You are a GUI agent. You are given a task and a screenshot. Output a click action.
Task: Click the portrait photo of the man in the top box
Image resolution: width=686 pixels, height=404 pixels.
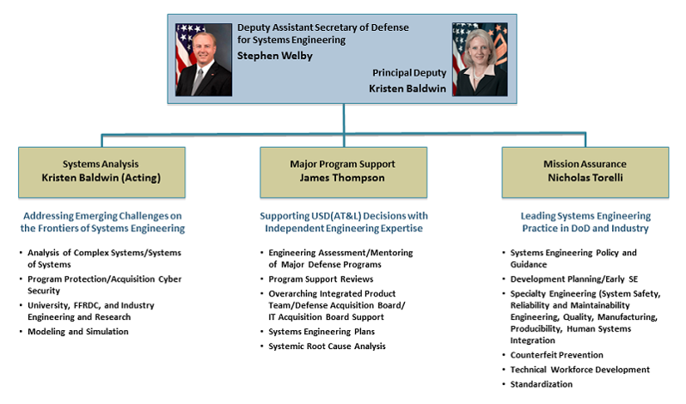pyautogui.click(x=204, y=59)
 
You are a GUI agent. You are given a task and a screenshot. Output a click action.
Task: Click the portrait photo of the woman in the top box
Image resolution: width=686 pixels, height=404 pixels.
pyautogui.click(x=480, y=59)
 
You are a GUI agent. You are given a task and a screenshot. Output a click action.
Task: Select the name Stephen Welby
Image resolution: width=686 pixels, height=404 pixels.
pyautogui.click(x=275, y=56)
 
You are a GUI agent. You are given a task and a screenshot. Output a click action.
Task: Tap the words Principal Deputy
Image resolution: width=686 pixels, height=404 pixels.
pyautogui.click(x=409, y=73)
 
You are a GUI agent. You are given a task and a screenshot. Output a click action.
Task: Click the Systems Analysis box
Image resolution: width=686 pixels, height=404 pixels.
pyautogui.click(x=102, y=172)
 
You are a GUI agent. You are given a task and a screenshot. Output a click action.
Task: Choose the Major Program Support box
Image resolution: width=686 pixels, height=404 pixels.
pyautogui.click(x=344, y=172)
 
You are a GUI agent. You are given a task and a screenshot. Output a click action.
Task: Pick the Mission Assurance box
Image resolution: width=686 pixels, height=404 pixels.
pyautogui.click(x=585, y=172)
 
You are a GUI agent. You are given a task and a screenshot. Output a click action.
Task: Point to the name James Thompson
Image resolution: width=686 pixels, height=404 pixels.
pyautogui.click(x=342, y=178)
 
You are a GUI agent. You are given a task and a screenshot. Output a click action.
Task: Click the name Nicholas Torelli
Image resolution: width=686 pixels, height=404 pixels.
pyautogui.click(x=585, y=178)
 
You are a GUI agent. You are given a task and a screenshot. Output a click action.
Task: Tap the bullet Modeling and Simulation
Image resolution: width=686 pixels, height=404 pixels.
pyautogui.click(x=78, y=332)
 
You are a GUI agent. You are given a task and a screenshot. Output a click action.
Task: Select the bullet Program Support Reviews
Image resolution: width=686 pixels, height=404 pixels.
pyautogui.click(x=321, y=279)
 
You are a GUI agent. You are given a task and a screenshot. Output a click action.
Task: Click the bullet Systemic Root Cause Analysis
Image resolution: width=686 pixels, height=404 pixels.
pyautogui.click(x=327, y=346)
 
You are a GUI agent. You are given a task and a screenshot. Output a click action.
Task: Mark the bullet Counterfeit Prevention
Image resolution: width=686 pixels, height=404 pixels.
pyautogui.click(x=556, y=355)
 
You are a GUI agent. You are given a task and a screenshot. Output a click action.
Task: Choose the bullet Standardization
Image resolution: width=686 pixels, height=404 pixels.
pyautogui.click(x=542, y=384)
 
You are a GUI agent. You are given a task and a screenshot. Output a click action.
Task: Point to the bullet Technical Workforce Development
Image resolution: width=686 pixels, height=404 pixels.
pyautogui.click(x=579, y=370)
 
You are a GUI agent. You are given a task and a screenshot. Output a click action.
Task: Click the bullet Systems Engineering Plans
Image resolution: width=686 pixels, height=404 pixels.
pyautogui.click(x=322, y=332)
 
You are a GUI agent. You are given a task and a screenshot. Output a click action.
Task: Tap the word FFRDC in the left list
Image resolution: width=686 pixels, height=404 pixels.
pyautogui.click(x=87, y=305)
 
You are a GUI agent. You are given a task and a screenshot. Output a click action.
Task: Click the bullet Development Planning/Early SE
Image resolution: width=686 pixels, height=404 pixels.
pyautogui.click(x=574, y=279)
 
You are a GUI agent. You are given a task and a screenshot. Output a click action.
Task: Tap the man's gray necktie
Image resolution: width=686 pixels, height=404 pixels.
pyautogui.click(x=198, y=82)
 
